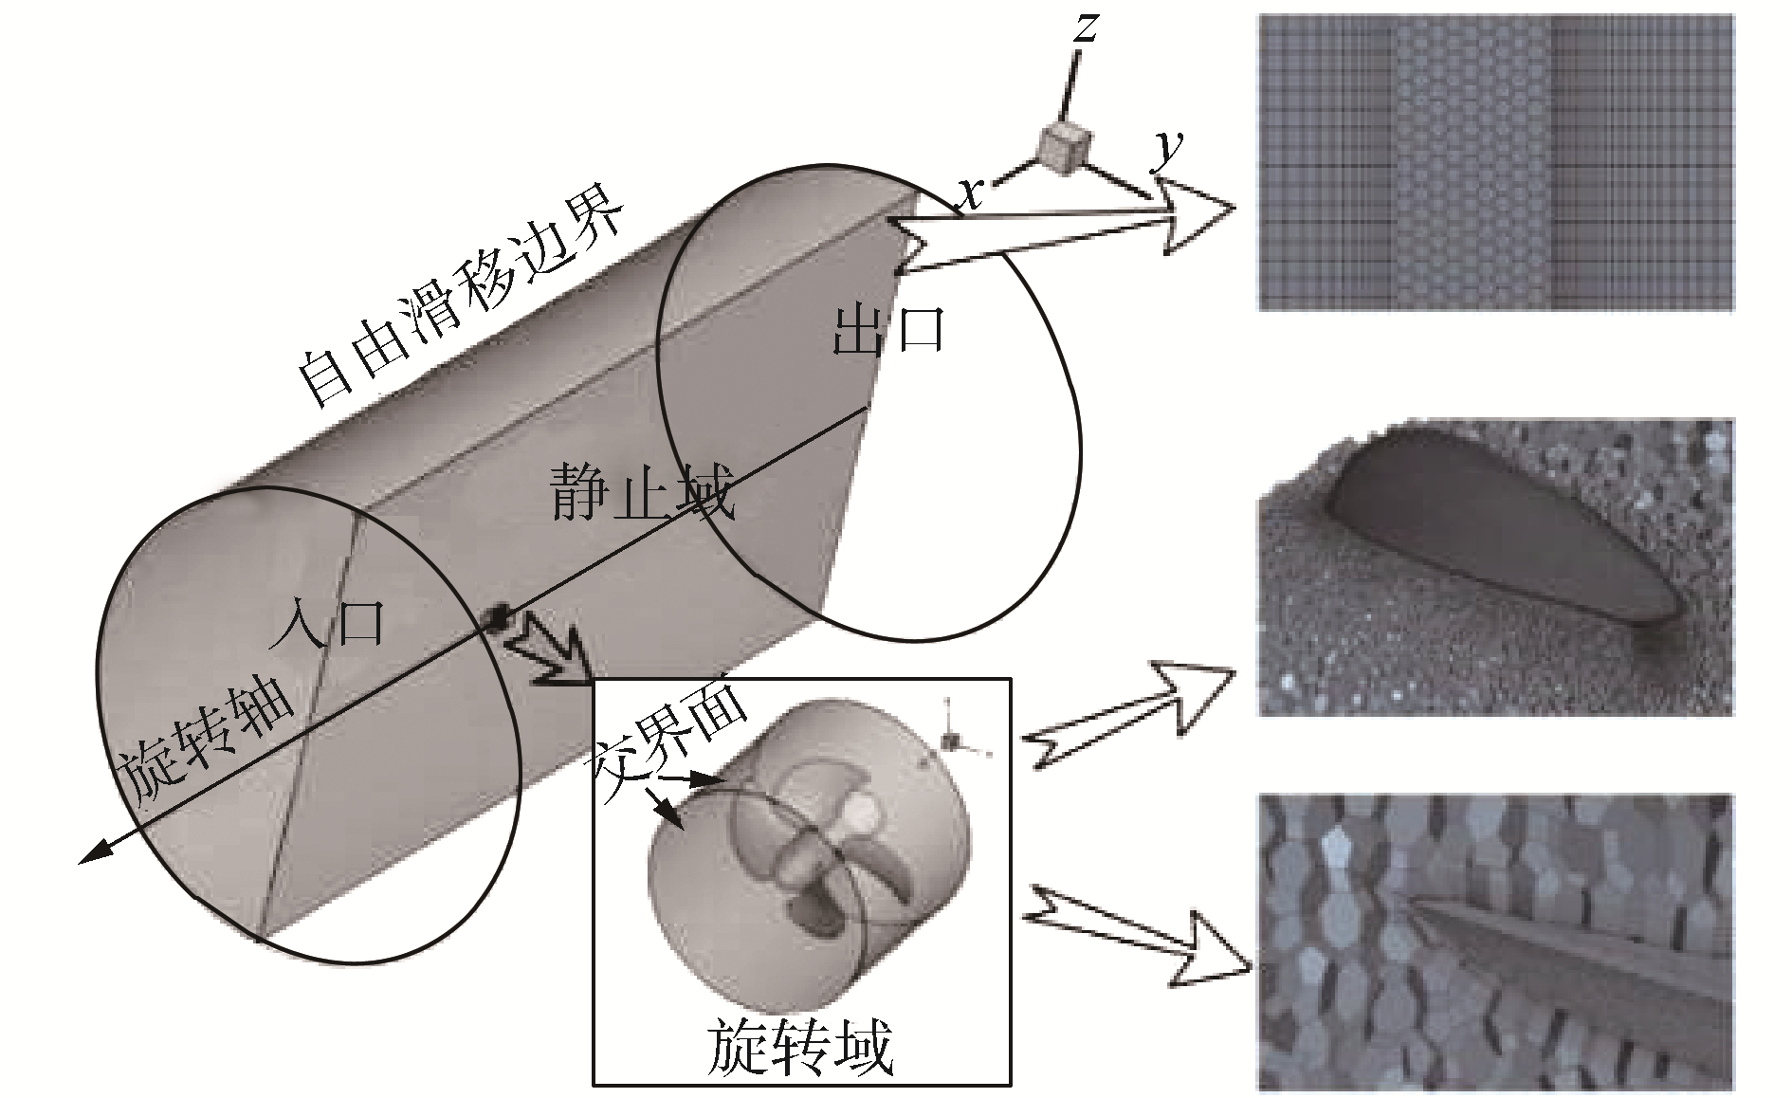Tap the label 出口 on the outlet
coord(887,332)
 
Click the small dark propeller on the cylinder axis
coord(495,618)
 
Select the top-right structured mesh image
coord(1495,163)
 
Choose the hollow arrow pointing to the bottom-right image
coord(1138,934)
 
